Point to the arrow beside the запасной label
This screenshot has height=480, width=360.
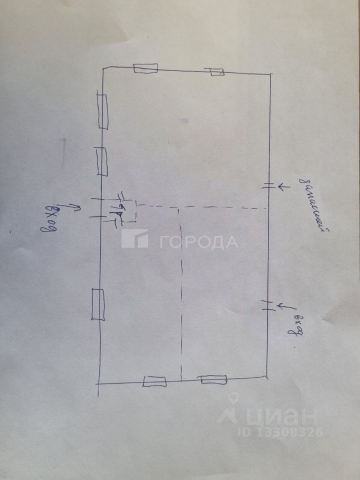283,186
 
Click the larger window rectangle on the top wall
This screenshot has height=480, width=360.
145,68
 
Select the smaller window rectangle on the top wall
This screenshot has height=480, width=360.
216,72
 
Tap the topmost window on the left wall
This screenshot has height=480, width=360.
103,111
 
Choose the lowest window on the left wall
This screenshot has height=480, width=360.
97,304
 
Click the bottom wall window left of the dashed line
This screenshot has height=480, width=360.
154,381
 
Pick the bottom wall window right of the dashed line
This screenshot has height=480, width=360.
213,379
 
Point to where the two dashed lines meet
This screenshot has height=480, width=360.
180,207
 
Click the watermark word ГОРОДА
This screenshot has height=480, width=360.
198,242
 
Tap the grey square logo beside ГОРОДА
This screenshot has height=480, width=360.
134,238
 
